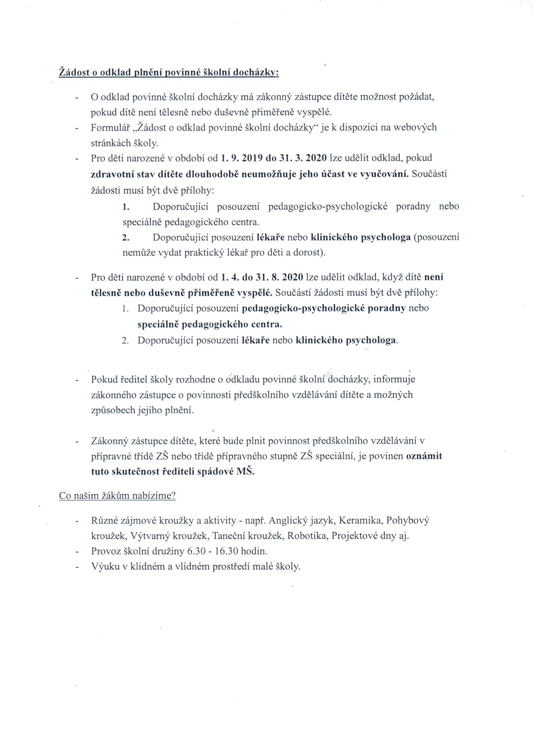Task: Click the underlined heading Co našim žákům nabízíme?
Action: coord(117,495)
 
